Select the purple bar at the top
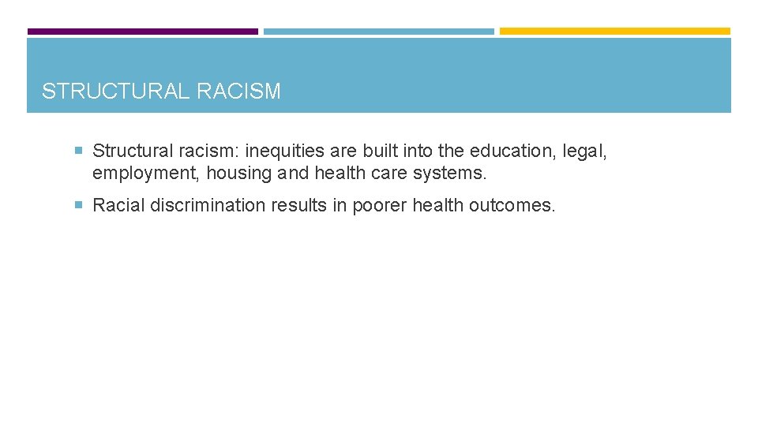(x=142, y=32)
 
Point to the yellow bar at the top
(x=615, y=32)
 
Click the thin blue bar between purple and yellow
(x=378, y=32)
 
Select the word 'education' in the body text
(x=512, y=151)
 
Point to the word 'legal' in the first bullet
(x=586, y=151)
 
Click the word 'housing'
(x=238, y=173)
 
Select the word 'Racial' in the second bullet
(x=118, y=206)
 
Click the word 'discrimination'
(x=208, y=206)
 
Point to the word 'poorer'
(x=378, y=206)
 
